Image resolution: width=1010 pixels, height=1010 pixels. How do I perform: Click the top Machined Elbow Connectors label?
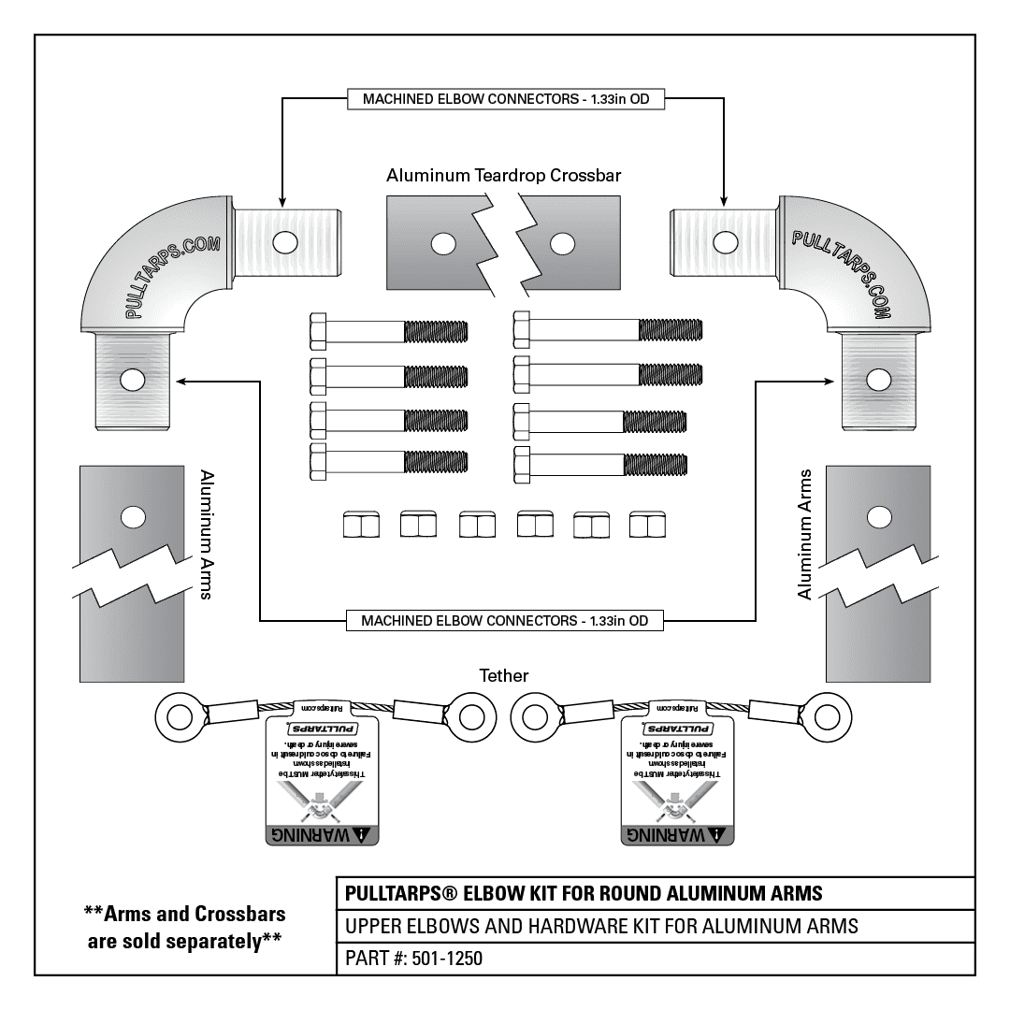point(504,99)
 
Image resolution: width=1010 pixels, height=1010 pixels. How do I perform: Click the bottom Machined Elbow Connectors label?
point(504,620)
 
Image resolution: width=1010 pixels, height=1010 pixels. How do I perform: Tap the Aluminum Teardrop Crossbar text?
point(504,175)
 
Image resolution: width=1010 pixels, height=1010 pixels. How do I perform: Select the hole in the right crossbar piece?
point(561,244)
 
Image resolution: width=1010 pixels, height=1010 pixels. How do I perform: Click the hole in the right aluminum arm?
point(878,517)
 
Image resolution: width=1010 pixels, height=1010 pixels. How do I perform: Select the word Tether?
point(504,675)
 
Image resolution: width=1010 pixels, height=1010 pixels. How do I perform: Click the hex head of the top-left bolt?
point(318,331)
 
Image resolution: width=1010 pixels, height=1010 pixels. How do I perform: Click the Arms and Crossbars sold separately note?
point(184,926)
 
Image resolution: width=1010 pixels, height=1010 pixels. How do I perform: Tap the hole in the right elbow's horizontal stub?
point(722,242)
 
